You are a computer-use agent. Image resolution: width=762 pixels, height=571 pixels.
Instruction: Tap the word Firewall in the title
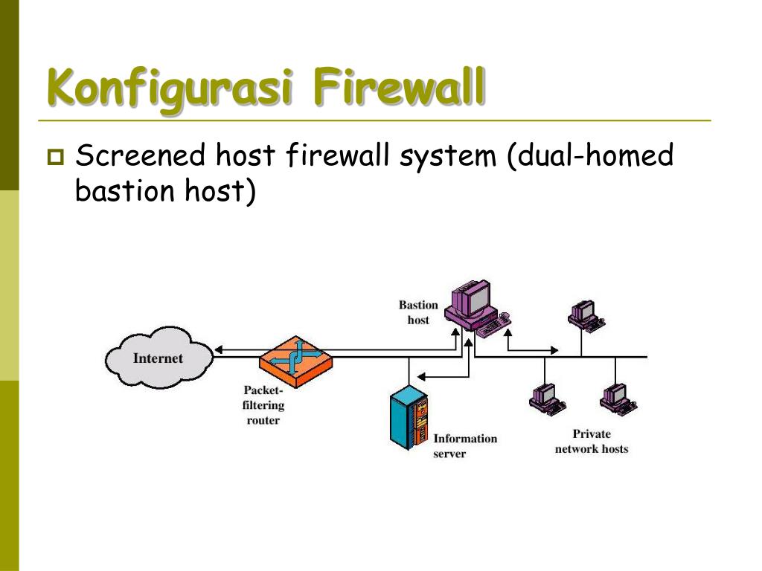tap(399, 88)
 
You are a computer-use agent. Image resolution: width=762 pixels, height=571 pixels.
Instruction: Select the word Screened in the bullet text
tap(141, 157)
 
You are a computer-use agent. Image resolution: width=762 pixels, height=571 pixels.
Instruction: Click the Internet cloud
tap(158, 358)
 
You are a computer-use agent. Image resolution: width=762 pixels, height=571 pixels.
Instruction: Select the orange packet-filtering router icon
tap(295, 359)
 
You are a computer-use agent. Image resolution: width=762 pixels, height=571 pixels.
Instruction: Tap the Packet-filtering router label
tap(263, 405)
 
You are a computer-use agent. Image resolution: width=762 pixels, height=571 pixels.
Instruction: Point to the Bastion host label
tap(418, 312)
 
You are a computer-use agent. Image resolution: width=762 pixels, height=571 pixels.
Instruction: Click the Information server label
tap(465, 445)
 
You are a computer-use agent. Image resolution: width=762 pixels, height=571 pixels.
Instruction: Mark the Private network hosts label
tap(592, 441)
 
